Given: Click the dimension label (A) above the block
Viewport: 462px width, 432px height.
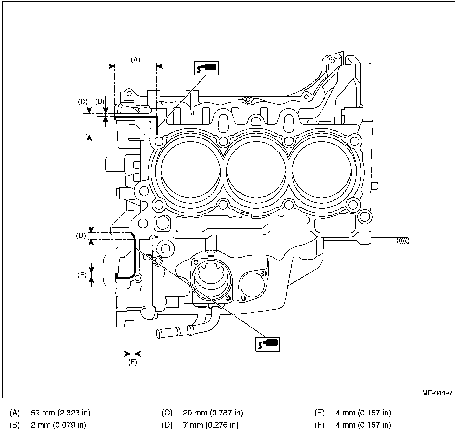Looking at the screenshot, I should (x=135, y=59).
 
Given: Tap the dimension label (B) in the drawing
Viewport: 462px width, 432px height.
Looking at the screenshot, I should (x=100, y=101).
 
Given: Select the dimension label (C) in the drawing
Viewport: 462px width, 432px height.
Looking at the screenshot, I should (x=82, y=102).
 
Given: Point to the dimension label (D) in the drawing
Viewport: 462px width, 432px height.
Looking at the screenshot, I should (x=81, y=236).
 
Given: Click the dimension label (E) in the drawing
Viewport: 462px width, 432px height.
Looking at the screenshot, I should (x=82, y=275).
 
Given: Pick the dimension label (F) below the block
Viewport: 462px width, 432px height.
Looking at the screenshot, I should (x=133, y=362).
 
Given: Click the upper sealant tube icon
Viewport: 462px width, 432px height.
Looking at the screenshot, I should (x=206, y=68).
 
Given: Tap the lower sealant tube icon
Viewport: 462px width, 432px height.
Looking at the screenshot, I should (x=267, y=344).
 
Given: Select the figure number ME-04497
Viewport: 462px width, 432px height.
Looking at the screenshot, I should (x=437, y=393).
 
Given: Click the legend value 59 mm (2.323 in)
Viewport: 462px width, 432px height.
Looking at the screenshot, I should (x=60, y=413).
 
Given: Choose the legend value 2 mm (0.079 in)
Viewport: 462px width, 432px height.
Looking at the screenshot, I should (x=58, y=425).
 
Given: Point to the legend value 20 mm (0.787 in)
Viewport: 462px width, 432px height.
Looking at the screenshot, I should (x=213, y=413).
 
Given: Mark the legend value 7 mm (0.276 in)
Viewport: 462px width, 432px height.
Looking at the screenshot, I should (x=210, y=425).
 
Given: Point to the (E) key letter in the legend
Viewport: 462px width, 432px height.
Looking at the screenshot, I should (x=319, y=413).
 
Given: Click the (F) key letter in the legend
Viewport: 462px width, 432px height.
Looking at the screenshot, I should (x=319, y=425).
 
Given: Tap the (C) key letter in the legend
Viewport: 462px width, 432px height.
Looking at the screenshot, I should (x=167, y=413).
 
